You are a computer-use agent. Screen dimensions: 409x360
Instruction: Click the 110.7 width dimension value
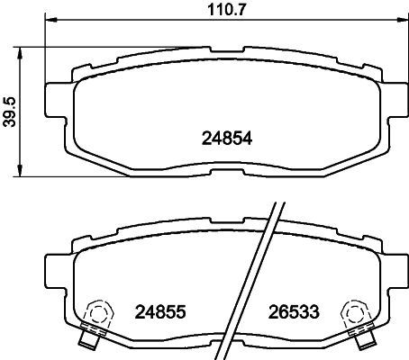pos(227,10)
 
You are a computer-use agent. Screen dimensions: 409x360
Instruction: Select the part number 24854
pos(227,139)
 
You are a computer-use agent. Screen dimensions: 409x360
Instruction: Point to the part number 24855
pos(160,311)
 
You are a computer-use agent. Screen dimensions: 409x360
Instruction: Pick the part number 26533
pos(294,311)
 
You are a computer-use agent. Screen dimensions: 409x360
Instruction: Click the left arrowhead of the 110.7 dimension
pos(50,20)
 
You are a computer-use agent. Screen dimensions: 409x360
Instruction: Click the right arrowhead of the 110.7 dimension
pos(403,20)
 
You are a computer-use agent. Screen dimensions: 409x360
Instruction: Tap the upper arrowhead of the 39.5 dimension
pos(20,53)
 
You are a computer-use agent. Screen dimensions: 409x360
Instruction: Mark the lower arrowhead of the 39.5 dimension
pos(20,171)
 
